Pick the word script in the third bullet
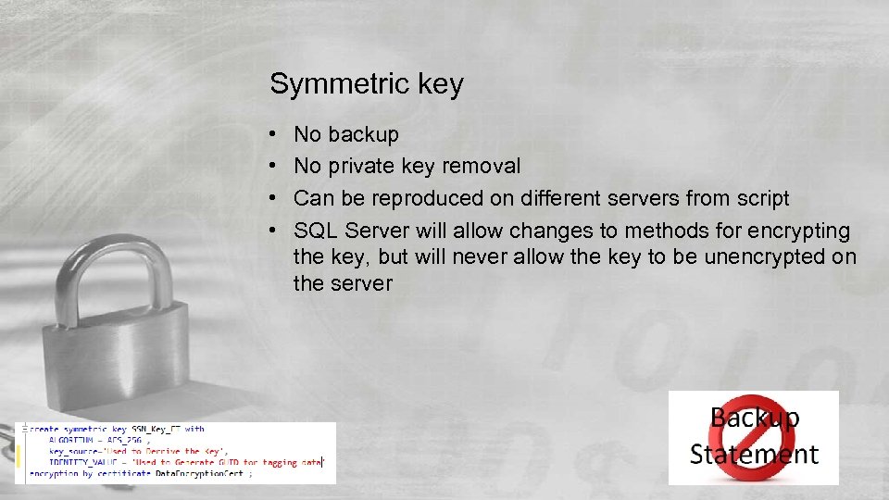[x=760, y=198]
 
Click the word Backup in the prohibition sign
[x=755, y=419]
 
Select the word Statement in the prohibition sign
[x=754, y=455]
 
